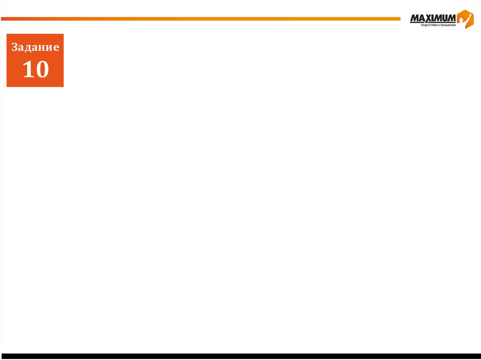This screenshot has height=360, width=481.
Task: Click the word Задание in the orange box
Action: tap(35, 47)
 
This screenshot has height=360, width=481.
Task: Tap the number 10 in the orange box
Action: tap(36, 69)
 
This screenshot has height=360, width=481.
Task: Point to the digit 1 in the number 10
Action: tap(28, 69)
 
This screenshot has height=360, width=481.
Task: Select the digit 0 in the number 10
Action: tap(42, 69)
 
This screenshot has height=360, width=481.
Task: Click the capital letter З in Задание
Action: tap(15, 47)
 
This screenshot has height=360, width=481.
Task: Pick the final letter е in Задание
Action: tap(56, 47)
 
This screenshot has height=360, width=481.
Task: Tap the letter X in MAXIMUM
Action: tap(427, 18)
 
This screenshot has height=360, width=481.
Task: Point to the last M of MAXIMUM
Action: tap(450, 18)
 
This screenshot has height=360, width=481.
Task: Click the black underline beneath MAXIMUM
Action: tap(432, 23)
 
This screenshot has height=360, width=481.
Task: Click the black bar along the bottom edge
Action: tap(240, 356)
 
